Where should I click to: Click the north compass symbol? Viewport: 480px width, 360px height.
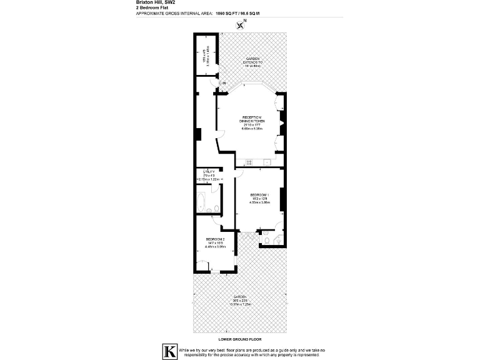(x=239, y=24)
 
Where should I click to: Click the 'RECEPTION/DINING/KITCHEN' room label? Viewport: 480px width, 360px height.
(x=252, y=121)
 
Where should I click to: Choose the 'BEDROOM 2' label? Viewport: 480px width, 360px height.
(x=215, y=240)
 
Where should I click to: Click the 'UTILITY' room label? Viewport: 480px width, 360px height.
(x=209, y=172)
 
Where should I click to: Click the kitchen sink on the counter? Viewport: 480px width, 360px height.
(x=266, y=162)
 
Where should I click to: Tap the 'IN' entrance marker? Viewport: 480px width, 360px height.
(x=223, y=83)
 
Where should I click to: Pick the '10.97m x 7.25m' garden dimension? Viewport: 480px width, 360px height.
(x=240, y=304)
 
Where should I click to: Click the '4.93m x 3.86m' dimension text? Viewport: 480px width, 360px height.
(x=259, y=202)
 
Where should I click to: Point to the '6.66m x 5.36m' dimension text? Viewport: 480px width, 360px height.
(x=252, y=128)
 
